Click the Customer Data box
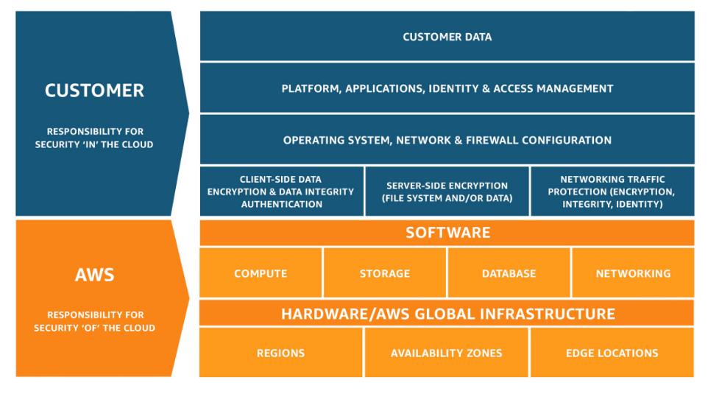pyautogui.click(x=447, y=36)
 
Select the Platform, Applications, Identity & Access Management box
pyautogui.click(x=447, y=88)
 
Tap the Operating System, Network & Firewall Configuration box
pyautogui.click(x=447, y=140)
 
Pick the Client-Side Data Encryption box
pyautogui.click(x=281, y=191)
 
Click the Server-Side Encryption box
pyautogui.click(x=447, y=191)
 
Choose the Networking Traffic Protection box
pyautogui.click(x=612, y=191)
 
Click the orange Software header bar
pyautogui.click(x=447, y=233)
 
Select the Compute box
pyautogui.click(x=261, y=273)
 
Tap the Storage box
pyautogui.click(x=385, y=273)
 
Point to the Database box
pyautogui.click(x=509, y=273)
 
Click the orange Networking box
pyautogui.click(x=633, y=273)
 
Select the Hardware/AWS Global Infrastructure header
pyautogui.click(x=447, y=314)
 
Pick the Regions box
pyautogui.click(x=280, y=353)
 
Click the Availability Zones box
pyautogui.click(x=446, y=353)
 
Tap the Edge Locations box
pyautogui.click(x=612, y=353)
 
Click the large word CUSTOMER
pyautogui.click(x=94, y=91)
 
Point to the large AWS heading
pyautogui.click(x=94, y=275)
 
